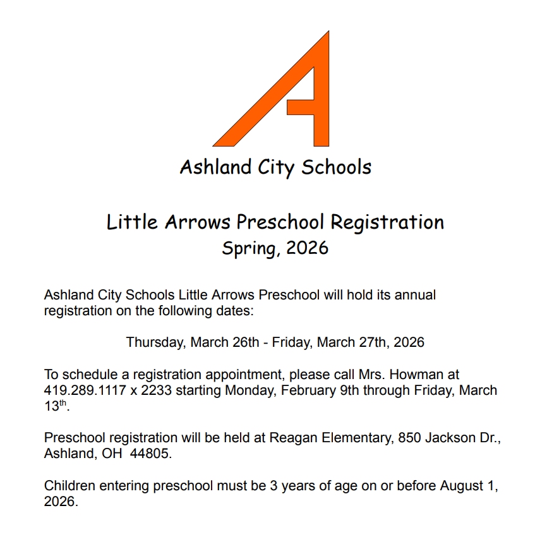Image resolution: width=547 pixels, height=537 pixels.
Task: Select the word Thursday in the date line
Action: point(155,342)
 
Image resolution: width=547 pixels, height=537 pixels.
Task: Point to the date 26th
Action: point(241,342)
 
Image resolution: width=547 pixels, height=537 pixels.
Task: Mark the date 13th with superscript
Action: point(54,406)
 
